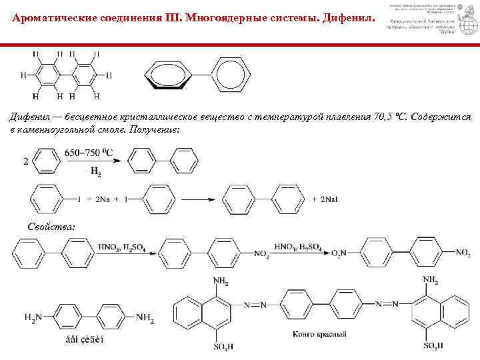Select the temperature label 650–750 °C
pyautogui.click(x=89, y=153)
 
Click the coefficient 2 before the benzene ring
pyautogui.click(x=26, y=161)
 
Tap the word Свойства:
pyautogui.click(x=52, y=227)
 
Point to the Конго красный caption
pyautogui.click(x=320, y=333)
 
